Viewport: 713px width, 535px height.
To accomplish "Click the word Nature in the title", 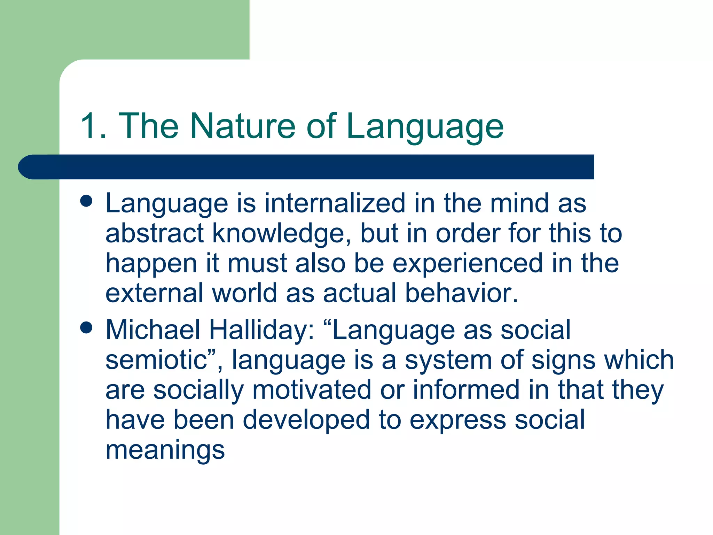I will coord(243,126).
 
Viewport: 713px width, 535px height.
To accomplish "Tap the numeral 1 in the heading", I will coord(88,126).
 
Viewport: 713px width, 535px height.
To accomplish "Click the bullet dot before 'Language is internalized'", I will coord(86,201).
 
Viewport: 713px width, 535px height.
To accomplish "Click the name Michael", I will coord(152,329).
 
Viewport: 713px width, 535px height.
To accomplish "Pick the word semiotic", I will coord(157,360).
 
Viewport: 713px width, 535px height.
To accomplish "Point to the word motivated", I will coord(312,390).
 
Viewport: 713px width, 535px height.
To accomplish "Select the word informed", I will coord(466,390).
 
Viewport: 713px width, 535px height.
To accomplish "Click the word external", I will coord(154,293).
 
